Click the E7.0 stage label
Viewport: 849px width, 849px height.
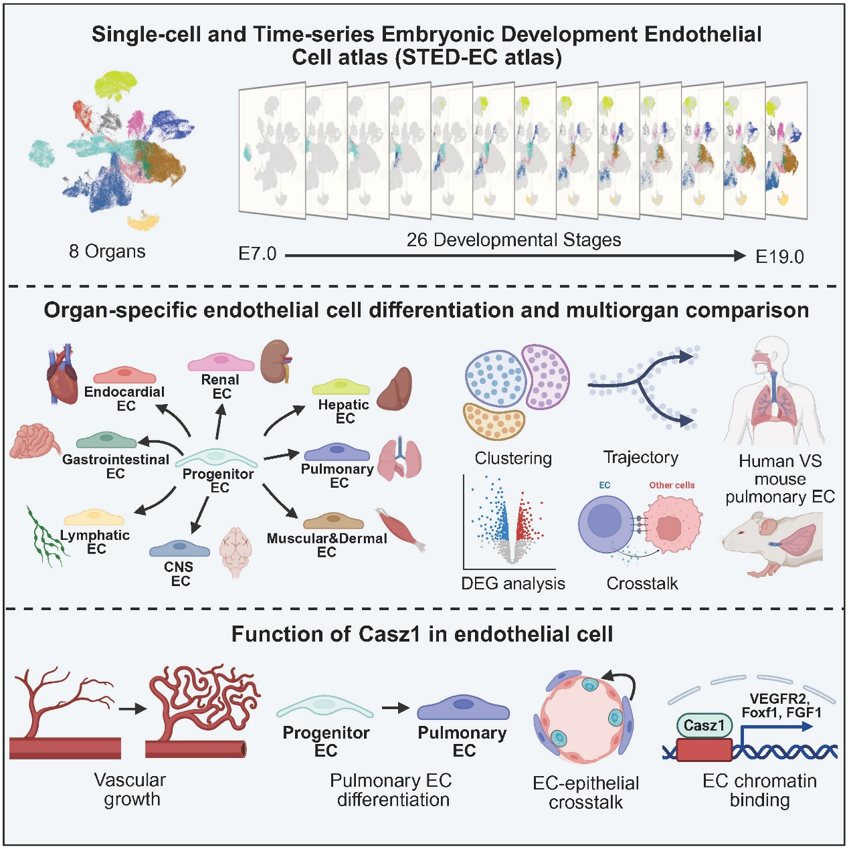[x=258, y=254]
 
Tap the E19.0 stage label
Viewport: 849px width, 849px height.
[x=779, y=257]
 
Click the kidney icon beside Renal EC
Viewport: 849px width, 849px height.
[x=275, y=361]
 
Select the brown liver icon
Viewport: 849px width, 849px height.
[x=395, y=389]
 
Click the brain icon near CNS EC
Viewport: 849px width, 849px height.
[x=235, y=552]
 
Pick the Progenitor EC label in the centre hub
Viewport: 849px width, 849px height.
[x=219, y=480]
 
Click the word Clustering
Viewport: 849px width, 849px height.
[x=513, y=458]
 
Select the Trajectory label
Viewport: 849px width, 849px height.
[x=641, y=458]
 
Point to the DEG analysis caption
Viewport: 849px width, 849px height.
[x=513, y=583]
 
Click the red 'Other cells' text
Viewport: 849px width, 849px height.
[x=672, y=485]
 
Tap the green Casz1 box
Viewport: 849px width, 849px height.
[x=704, y=725]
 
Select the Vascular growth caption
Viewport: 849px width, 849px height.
[x=130, y=789]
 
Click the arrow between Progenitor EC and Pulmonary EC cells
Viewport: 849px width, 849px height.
[x=395, y=708]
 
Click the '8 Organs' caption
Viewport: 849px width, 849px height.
[x=107, y=252]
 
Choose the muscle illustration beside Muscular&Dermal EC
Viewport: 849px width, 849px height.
[x=401, y=529]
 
